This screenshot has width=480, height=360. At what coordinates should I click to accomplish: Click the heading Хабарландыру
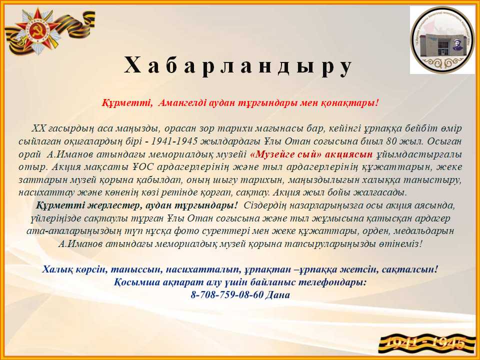point(238,66)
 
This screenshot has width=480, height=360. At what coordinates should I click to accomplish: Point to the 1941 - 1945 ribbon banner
point(426,344)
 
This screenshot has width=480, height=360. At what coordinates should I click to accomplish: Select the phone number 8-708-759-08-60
point(227,295)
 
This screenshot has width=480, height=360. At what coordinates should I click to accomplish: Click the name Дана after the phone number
point(277,295)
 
